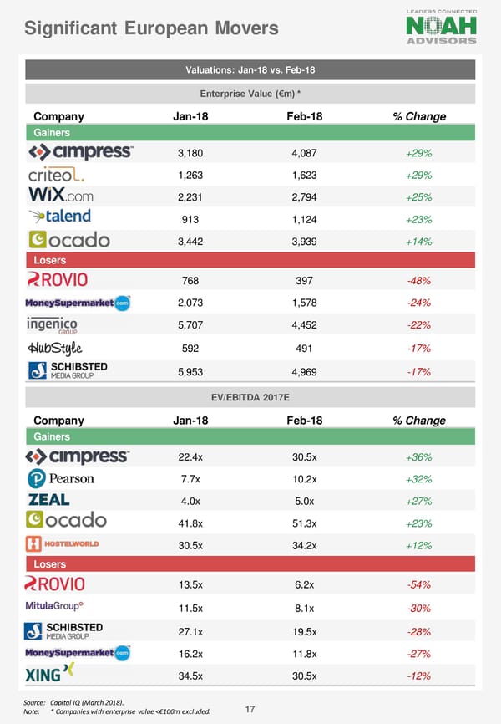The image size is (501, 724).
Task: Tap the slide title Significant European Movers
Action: coord(151,29)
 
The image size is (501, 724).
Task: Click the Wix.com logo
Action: coord(60,196)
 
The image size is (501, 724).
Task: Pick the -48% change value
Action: coord(418,281)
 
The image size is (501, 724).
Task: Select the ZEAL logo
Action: coord(49,500)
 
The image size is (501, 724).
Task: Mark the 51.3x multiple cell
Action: coord(304,522)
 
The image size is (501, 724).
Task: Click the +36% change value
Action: coord(418,457)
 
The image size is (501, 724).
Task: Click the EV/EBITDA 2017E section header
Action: coord(250,397)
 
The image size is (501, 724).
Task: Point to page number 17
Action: coord(250,710)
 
